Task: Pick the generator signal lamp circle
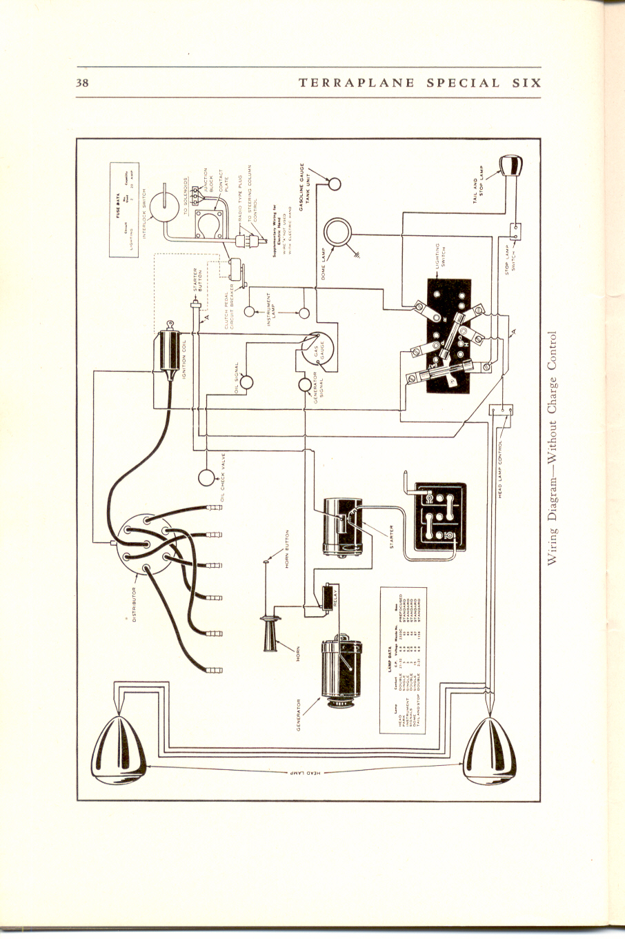tap(305, 384)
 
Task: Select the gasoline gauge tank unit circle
tap(335, 185)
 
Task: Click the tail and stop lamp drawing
tap(510, 166)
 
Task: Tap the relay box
tap(328, 594)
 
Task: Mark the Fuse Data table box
tap(125, 210)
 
